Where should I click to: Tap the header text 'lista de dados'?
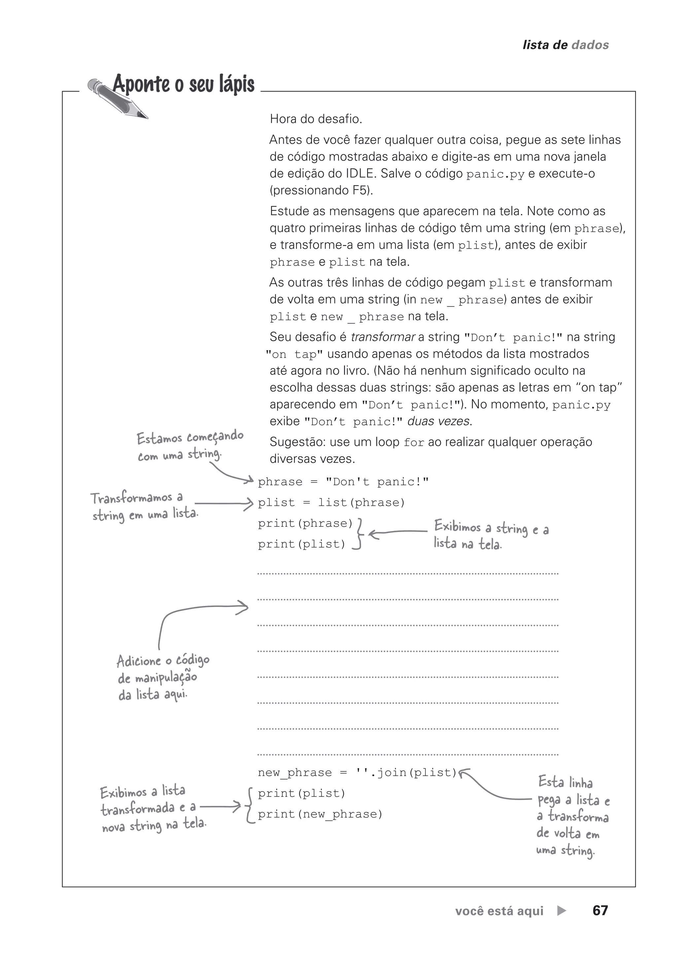click(565, 45)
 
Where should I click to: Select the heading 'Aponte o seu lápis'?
click(184, 84)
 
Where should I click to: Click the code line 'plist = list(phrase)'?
click(331, 502)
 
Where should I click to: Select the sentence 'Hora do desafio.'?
click(316, 119)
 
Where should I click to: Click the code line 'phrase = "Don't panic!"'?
click(343, 482)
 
